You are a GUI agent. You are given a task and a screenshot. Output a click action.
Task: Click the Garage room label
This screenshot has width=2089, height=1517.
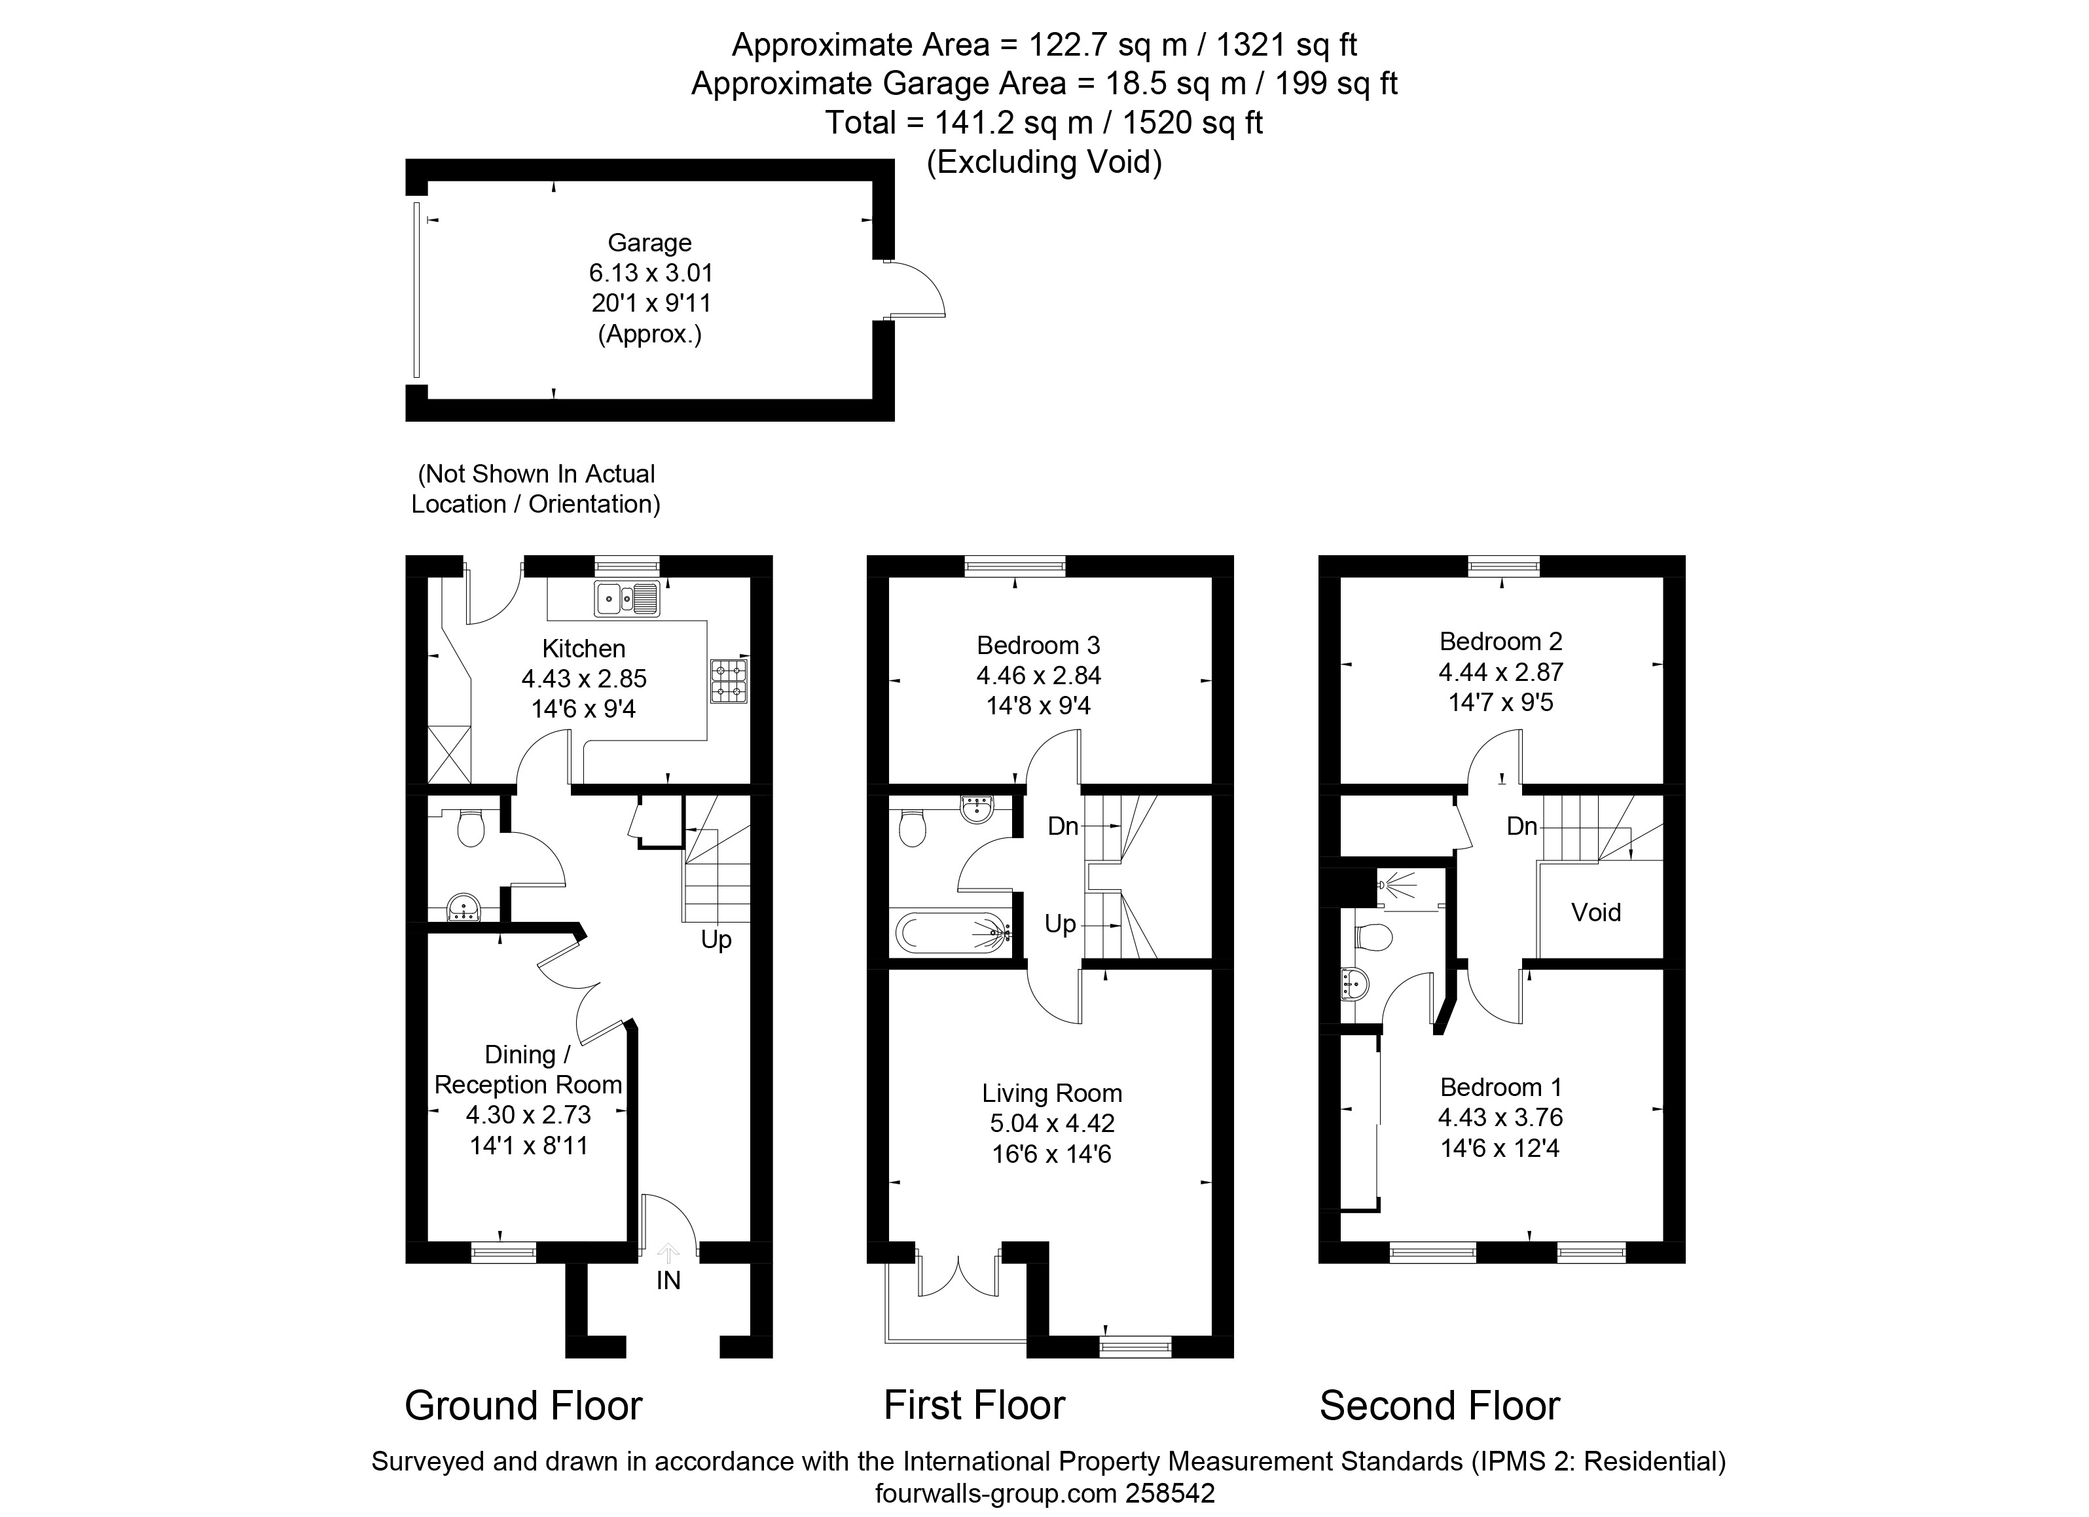[x=649, y=243]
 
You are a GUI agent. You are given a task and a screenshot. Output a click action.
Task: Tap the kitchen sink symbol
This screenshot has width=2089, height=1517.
[x=627, y=598]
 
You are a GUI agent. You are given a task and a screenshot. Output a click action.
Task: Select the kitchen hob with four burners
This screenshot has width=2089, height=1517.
[x=729, y=682]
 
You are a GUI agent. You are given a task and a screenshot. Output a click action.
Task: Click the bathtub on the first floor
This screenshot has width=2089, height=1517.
[x=951, y=933]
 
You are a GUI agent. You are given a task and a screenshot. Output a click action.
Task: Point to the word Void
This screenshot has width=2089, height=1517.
[x=1596, y=913]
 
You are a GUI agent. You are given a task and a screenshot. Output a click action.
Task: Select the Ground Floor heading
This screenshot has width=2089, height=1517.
[x=523, y=1406]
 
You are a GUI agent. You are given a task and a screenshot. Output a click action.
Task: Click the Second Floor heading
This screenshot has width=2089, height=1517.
[x=1440, y=1406]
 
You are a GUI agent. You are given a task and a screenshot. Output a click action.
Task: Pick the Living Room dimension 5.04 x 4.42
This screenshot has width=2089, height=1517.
[x=1052, y=1124]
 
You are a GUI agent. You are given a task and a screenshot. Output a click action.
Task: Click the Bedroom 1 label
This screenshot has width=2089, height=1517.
[x=1500, y=1087]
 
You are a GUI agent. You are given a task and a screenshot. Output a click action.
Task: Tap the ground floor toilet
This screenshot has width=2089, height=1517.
[x=471, y=827]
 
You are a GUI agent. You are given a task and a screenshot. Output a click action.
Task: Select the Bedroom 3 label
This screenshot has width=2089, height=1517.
[x=1038, y=646]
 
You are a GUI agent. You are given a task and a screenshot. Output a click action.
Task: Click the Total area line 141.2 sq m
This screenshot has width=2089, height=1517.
[x=1044, y=122]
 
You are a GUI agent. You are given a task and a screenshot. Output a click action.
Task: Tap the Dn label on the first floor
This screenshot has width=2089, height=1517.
[x=1063, y=826]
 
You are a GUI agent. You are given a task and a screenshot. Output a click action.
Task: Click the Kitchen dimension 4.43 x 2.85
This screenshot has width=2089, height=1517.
[x=584, y=679]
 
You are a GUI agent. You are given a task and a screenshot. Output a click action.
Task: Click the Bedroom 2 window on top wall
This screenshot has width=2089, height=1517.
[x=1503, y=566]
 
